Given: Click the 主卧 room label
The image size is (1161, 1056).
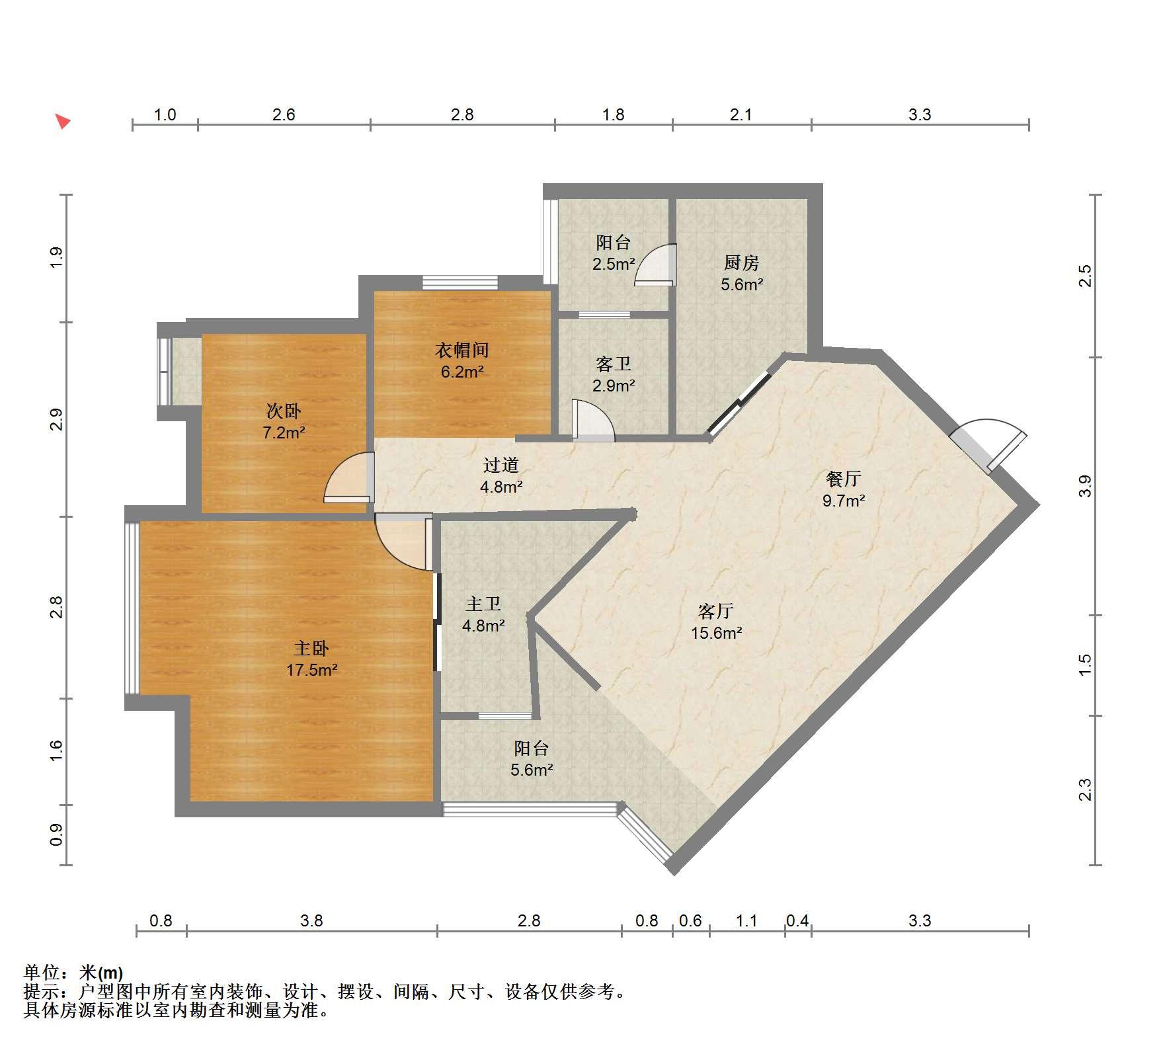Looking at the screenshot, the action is (311, 648).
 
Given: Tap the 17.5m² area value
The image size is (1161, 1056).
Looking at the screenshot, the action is (312, 670).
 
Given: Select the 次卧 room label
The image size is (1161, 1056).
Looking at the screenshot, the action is (284, 411).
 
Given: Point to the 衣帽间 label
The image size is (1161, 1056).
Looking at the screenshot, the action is (462, 350).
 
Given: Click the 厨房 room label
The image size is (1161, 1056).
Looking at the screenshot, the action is (741, 263).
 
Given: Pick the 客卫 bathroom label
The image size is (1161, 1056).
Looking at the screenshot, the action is (614, 364).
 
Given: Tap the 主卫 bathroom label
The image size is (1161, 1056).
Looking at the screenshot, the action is (483, 603).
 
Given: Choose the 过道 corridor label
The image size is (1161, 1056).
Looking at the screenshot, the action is (501, 465).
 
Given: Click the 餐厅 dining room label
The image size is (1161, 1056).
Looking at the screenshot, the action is (844, 478).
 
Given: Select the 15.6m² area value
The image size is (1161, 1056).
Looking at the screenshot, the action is (717, 633).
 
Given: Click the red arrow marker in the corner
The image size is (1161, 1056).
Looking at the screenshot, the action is (63, 121).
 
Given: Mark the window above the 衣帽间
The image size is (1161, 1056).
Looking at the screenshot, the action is (460, 282).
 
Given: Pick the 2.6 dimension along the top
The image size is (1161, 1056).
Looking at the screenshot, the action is (284, 114).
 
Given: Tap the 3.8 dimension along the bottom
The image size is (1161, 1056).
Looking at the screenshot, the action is (311, 920).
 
